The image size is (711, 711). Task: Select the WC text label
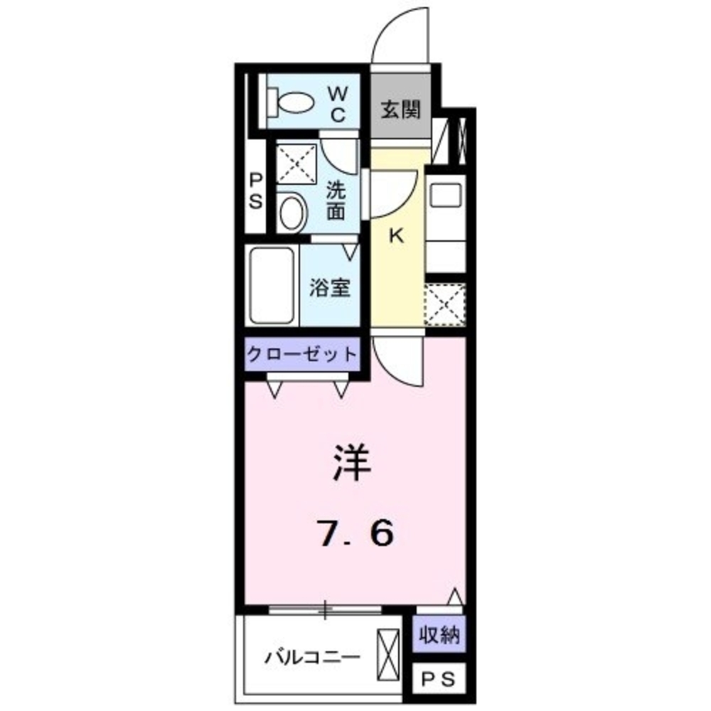click(337, 104)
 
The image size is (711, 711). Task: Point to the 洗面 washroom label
click(336, 201)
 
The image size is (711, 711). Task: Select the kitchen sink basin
click(446, 194)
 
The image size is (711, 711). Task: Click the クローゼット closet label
click(301, 353)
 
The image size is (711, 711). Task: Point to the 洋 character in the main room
click(353, 463)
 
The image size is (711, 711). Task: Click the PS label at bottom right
click(439, 680)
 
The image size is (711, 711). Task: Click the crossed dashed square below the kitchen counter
click(445, 305)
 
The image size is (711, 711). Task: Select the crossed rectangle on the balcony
click(390, 653)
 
